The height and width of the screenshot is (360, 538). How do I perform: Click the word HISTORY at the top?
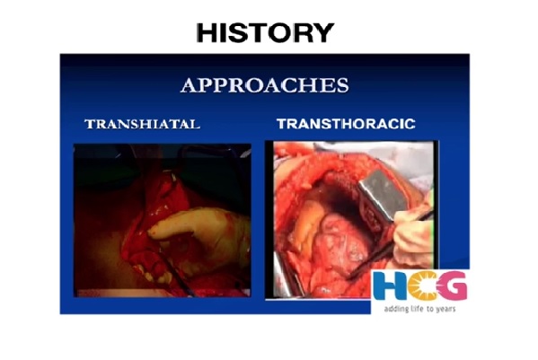tap(265, 33)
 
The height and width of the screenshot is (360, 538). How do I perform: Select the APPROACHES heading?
tap(265, 85)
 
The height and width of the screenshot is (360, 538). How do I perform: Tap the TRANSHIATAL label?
tap(143, 124)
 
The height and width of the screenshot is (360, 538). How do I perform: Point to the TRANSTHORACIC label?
tap(346, 124)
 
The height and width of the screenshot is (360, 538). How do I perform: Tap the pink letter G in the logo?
tap(452, 285)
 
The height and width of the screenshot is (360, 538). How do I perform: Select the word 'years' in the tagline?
tap(445, 310)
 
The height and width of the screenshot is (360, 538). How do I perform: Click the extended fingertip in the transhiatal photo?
tap(152, 233)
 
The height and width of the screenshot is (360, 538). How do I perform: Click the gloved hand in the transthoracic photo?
tap(414, 237)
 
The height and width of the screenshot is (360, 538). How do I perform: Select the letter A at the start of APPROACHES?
tap(188, 85)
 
